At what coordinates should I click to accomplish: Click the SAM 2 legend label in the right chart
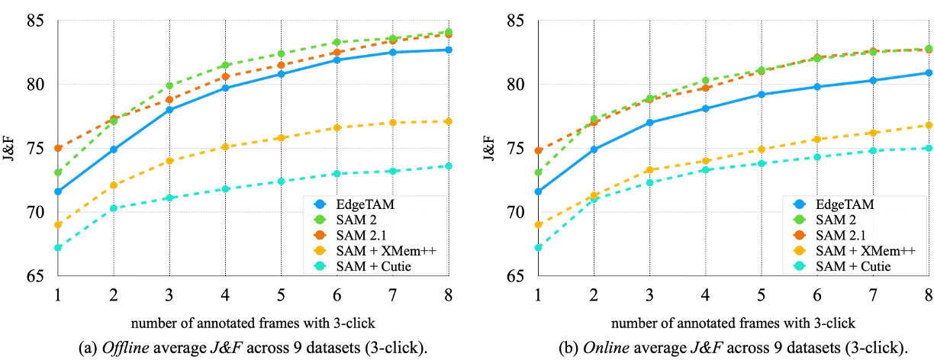click(836, 220)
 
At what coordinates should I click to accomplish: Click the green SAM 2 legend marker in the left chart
click(320, 220)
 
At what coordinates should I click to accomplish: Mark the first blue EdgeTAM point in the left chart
click(58, 191)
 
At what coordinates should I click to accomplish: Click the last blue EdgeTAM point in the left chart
click(449, 50)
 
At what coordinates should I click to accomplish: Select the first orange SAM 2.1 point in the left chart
click(58, 148)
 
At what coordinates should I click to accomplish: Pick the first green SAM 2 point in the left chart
click(58, 172)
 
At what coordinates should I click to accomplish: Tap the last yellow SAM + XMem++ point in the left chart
click(449, 121)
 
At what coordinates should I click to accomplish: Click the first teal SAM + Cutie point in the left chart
click(58, 248)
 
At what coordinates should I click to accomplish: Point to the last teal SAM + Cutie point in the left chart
click(449, 166)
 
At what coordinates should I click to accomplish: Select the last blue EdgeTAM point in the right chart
click(929, 73)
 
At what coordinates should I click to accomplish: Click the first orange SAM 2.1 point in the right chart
click(539, 150)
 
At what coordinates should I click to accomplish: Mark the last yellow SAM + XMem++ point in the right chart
click(929, 125)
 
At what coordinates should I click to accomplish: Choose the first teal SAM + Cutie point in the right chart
click(539, 248)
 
